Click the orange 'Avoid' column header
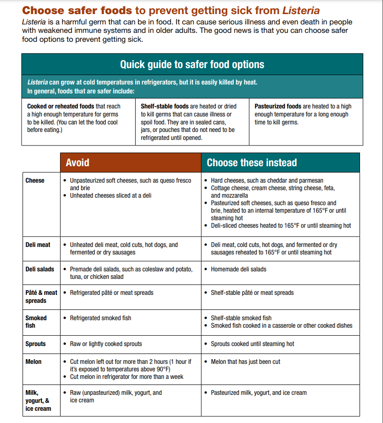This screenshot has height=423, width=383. click(77, 163)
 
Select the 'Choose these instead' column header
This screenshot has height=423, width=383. click(252, 163)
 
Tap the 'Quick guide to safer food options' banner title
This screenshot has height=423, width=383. click(192, 65)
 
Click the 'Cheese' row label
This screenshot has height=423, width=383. click(35, 181)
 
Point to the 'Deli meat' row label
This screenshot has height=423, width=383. click(38, 245)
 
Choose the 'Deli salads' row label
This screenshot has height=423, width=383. click(40, 269)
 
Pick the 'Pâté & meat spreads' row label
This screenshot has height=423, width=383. click(41, 297)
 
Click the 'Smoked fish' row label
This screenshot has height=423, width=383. click(36, 322)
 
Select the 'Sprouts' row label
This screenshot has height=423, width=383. click(36, 344)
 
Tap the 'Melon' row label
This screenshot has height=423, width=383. click(33, 362)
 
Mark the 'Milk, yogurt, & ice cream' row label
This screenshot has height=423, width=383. click(38, 400)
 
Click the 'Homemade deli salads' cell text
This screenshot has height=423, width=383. click(238, 269)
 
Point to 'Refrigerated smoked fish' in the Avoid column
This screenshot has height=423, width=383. click(100, 318)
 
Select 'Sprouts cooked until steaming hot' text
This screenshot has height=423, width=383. click(253, 344)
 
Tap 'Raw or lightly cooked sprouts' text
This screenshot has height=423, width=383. click(106, 344)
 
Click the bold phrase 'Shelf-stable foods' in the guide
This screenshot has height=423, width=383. click(165, 107)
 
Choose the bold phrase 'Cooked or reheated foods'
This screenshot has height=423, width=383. click(61, 107)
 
